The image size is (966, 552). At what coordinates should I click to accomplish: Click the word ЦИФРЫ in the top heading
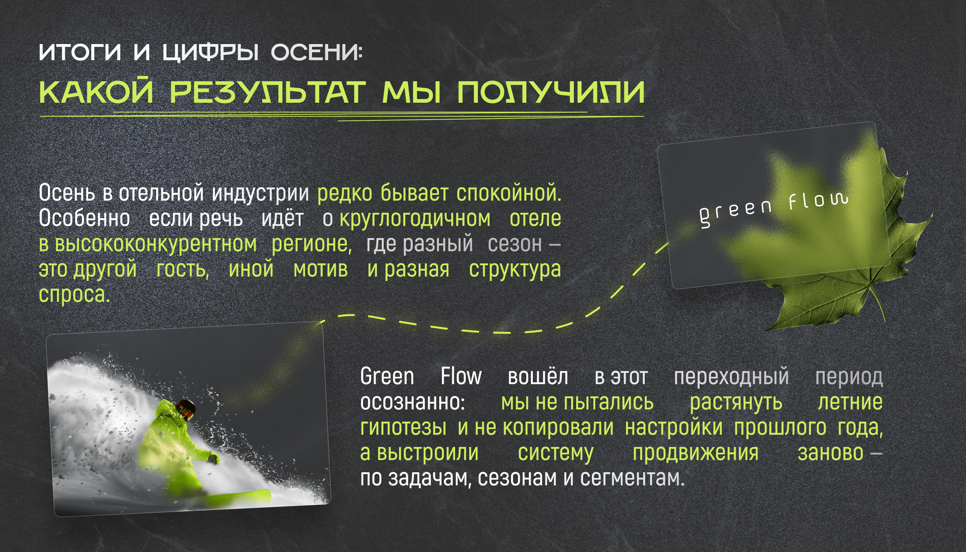[210, 53]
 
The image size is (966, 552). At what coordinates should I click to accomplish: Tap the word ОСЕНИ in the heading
[316, 52]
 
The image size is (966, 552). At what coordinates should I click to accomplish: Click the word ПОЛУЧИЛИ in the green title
[550, 92]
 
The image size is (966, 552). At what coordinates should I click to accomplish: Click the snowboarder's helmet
[187, 409]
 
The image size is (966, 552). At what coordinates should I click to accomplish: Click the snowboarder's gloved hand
[213, 458]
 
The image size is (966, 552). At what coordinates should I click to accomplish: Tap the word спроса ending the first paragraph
[74, 295]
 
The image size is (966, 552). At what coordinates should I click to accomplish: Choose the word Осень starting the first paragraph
[67, 192]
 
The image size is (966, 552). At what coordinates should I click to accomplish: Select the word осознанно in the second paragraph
[412, 402]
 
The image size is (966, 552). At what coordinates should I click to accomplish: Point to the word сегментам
[632, 478]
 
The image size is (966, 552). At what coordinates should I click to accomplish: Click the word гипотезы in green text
[403, 428]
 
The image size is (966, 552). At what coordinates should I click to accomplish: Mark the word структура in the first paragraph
[515, 270]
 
